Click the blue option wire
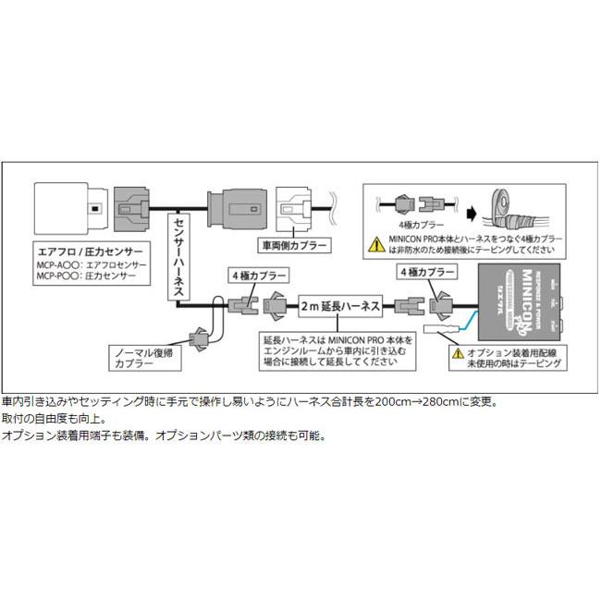(x=467, y=321)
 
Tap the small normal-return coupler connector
(x=197, y=339)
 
